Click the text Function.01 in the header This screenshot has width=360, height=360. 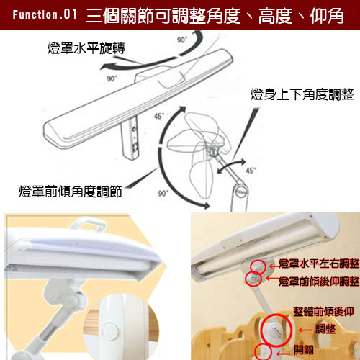coord(45,14)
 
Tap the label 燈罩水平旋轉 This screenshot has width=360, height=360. coord(86,48)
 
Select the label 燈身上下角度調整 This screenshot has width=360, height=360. coord(302,94)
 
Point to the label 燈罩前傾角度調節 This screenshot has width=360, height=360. coord(71,192)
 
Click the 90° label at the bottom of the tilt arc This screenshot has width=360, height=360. coord(163,193)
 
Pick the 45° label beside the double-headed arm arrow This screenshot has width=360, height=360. coord(251,171)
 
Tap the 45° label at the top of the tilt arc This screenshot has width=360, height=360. coord(159,116)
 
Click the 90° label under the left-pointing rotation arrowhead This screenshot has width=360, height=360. coord(112,78)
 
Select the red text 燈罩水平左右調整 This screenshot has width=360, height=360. coord(319,264)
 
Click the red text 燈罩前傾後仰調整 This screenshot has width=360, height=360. coord(319,282)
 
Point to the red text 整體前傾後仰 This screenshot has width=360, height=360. coord(323,312)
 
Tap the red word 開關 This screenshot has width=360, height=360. coord(304,350)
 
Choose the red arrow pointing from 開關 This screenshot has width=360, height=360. coord(284,354)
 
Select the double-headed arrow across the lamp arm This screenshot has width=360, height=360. coord(231,166)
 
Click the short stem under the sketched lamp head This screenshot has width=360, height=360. coord(130,138)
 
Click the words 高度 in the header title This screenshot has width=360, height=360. coord(275,16)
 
